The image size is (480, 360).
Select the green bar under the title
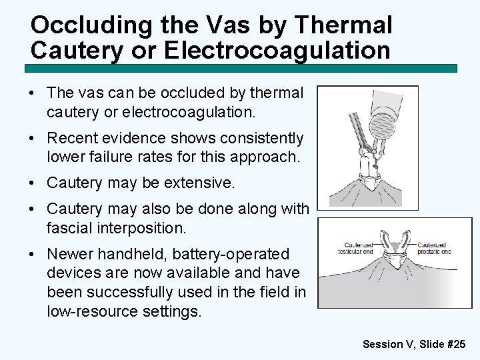(240, 68)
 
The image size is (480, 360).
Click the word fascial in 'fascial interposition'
(69, 229)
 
